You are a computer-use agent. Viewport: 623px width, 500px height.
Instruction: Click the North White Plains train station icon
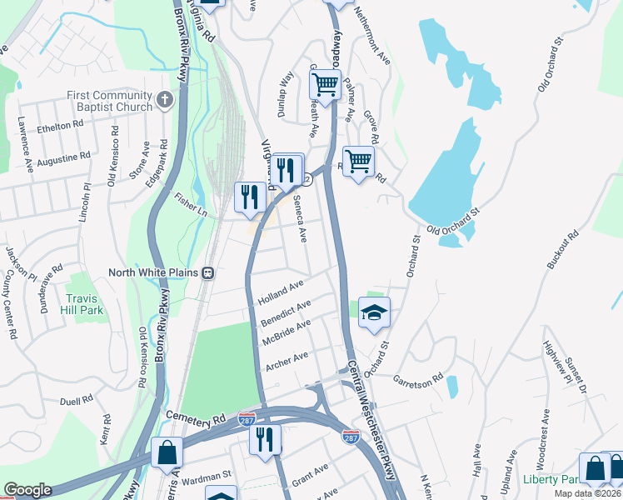tap(207, 272)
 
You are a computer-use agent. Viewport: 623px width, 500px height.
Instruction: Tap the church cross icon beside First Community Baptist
tap(164, 101)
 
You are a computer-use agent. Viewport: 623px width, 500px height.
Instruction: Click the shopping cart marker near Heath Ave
tap(324, 83)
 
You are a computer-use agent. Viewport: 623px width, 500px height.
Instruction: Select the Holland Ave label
tap(282, 291)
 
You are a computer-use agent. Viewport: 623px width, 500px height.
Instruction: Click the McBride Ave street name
tap(286, 332)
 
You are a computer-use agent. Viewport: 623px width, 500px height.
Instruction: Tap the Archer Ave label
tap(287, 362)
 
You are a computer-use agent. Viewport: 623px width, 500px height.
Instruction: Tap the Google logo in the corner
tap(27, 490)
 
